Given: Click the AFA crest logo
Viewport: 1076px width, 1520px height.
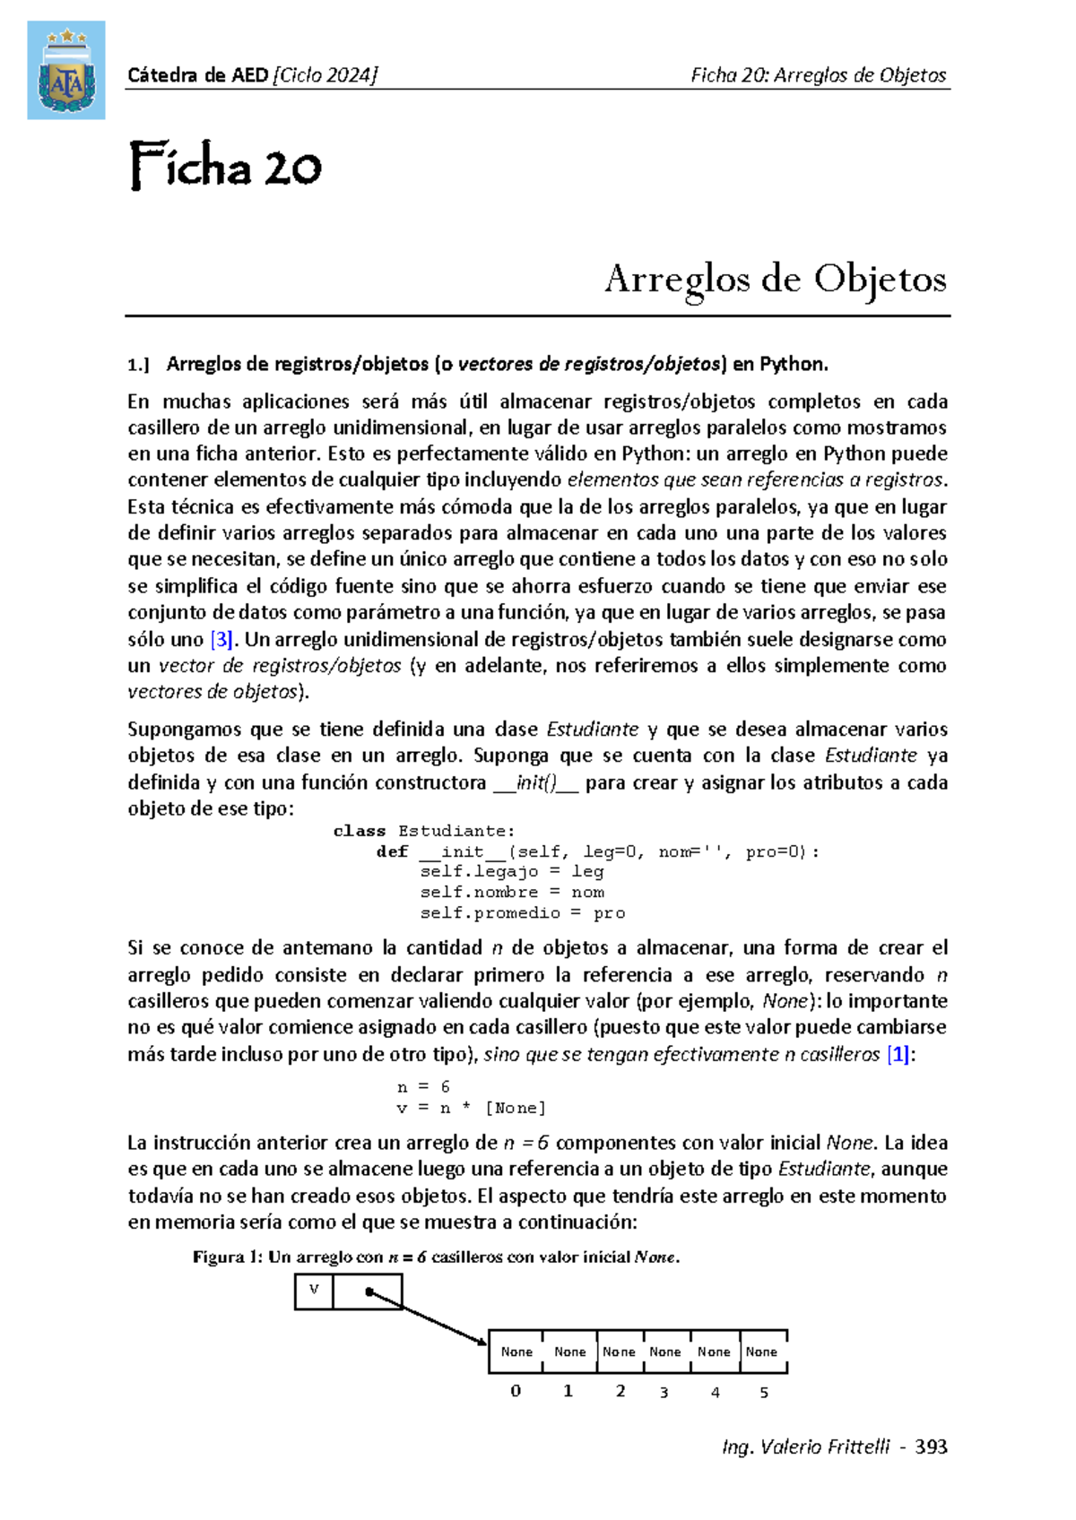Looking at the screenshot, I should click(x=65, y=70).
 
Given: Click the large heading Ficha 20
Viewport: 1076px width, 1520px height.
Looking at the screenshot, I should click(x=225, y=167).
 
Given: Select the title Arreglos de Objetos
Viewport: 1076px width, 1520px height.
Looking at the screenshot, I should click(x=776, y=279).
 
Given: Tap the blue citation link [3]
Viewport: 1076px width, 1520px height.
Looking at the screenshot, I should click(x=221, y=640).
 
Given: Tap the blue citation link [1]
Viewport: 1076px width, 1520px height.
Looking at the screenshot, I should click(x=899, y=1055).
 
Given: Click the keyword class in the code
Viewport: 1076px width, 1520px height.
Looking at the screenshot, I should click(x=360, y=831).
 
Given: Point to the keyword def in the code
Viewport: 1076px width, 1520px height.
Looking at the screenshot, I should click(x=392, y=851).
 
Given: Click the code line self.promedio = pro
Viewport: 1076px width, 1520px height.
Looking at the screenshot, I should click(x=522, y=913).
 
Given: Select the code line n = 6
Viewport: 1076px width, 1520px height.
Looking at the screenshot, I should click(x=422, y=1087).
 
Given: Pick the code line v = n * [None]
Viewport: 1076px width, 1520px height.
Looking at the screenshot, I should click(x=471, y=1108).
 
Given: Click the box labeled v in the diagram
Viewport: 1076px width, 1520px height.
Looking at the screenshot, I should click(x=314, y=1291).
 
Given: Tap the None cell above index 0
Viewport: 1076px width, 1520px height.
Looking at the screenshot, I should click(x=516, y=1352).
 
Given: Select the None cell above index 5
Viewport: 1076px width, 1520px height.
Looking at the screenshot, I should click(x=762, y=1352).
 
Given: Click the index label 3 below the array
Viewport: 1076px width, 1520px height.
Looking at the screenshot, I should click(x=664, y=1393).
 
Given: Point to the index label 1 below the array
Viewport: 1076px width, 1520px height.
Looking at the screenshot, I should click(x=568, y=1392).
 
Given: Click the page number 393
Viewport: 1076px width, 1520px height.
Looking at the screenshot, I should click(x=931, y=1447).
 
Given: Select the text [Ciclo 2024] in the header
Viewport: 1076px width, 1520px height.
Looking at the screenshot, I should click(x=325, y=75).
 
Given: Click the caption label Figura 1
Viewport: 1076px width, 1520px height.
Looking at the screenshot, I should click(x=227, y=1257).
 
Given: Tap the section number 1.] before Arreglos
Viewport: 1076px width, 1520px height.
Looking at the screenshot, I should click(x=138, y=365).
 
